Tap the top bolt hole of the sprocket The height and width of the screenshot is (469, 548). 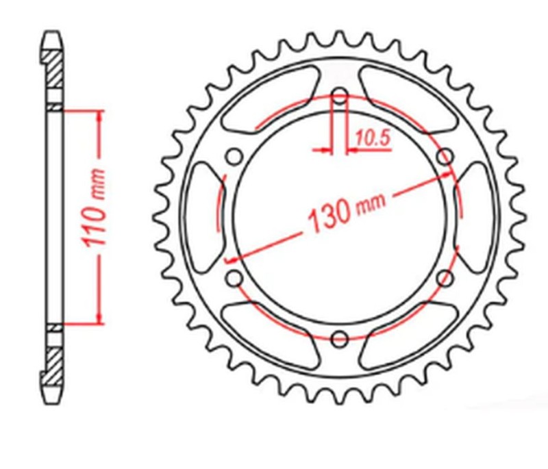coord(340,95)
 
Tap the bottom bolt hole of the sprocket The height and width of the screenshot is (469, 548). coord(340,338)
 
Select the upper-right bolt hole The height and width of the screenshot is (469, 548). coord(445,156)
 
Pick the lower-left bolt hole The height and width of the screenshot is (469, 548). coord(234,278)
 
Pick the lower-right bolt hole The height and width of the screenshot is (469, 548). coord(446,278)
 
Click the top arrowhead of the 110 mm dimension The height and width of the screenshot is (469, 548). coord(101,118)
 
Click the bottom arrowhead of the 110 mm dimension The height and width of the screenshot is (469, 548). coord(101,316)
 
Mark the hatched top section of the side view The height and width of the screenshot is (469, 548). coord(54,68)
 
